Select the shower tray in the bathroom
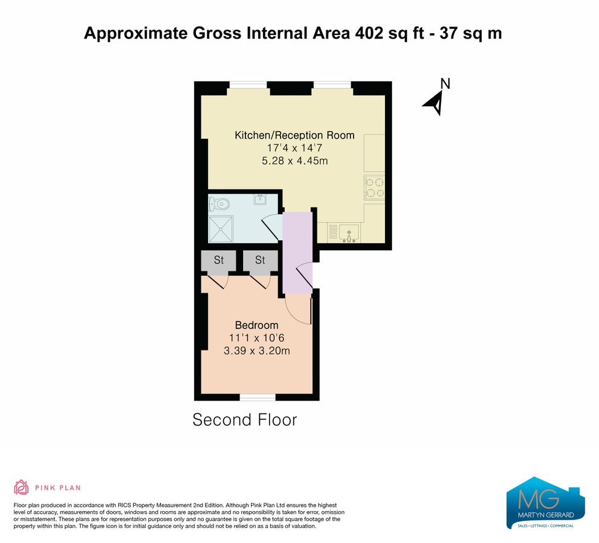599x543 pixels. [221, 229]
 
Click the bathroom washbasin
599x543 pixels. [260, 199]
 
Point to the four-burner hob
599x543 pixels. [375, 187]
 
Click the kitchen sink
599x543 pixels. [349, 233]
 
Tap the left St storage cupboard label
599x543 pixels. [218, 260]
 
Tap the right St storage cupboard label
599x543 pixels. [260, 260]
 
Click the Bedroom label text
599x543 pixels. [257, 325]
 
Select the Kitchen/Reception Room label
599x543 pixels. [294, 135]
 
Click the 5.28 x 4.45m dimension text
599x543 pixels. [295, 160]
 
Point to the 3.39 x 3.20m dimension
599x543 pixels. [257, 351]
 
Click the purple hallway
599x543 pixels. [297, 252]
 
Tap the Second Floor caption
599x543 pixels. [245, 419]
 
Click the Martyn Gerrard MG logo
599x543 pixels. [545, 503]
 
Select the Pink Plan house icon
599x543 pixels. [21, 487]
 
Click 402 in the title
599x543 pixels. [369, 33]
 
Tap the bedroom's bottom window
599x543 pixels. [258, 398]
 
